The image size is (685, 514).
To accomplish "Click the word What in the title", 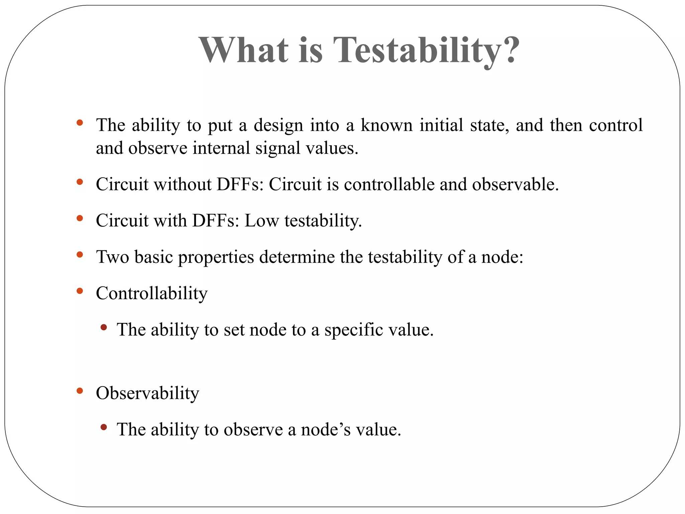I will [244, 50].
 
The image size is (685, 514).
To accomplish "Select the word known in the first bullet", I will [387, 125].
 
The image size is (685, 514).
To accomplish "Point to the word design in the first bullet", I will [278, 126].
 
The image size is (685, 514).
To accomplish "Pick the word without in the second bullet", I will [182, 184].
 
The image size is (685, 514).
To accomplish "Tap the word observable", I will [515, 184].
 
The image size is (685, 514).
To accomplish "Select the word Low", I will [262, 221].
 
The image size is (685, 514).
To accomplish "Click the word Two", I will [113, 257].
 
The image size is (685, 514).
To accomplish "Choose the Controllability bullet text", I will [152, 294].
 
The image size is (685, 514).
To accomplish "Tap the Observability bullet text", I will [147, 393].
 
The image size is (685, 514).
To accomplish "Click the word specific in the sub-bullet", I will [354, 330].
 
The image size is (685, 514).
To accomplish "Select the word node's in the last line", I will [325, 430].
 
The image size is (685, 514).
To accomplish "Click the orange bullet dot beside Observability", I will [80, 391].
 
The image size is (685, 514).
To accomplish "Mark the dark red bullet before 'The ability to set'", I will [104, 327].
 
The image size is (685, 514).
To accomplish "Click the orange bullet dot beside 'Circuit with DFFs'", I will [80, 219].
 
